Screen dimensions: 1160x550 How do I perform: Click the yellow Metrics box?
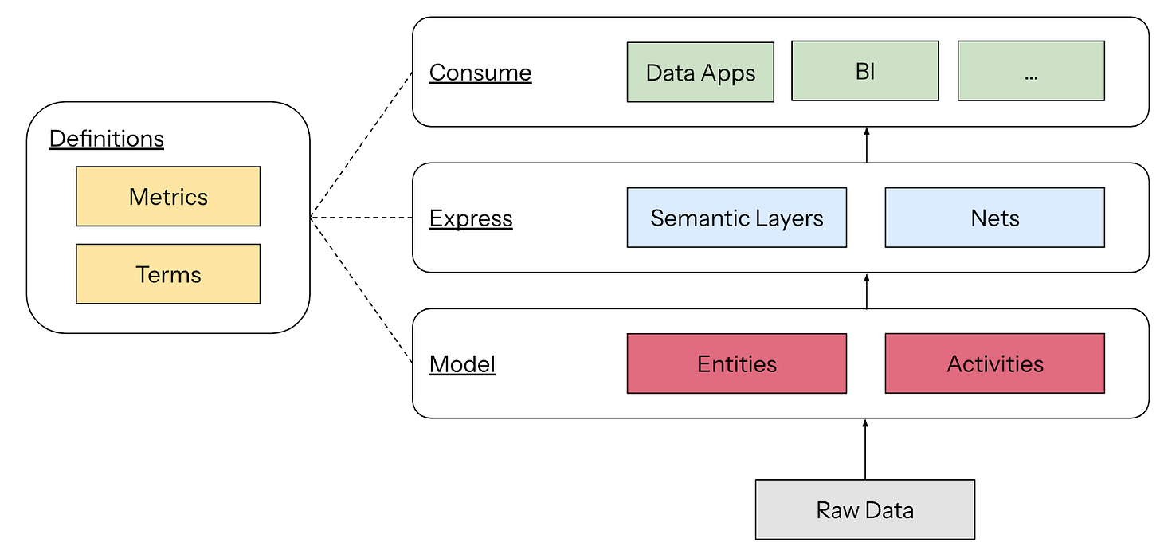(x=168, y=196)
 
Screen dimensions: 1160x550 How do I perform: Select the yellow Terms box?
(x=168, y=274)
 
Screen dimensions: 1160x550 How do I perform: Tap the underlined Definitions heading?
(x=107, y=139)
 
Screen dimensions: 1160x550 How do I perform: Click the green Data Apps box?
(x=700, y=72)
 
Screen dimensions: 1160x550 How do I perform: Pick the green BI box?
(x=865, y=71)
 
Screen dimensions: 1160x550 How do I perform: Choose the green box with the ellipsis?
(x=1031, y=71)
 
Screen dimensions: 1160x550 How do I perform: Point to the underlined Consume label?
(x=480, y=73)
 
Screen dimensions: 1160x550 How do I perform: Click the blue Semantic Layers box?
(x=737, y=218)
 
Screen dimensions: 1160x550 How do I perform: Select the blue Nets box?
(x=995, y=218)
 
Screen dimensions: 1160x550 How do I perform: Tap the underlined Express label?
(x=472, y=218)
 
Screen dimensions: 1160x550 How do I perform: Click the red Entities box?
(x=737, y=363)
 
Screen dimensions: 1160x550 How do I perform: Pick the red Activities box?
(x=995, y=363)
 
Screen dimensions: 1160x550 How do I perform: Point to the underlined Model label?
(x=462, y=364)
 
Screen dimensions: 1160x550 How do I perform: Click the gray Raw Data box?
(x=865, y=509)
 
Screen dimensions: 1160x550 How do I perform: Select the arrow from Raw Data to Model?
(x=865, y=450)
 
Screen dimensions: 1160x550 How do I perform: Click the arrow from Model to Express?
(x=866, y=291)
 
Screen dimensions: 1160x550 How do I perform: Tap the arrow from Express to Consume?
(x=866, y=145)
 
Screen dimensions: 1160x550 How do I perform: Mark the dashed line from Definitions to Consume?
(x=362, y=145)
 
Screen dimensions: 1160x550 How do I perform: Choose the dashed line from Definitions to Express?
(x=362, y=218)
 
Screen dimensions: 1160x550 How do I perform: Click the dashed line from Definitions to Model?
(x=362, y=290)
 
